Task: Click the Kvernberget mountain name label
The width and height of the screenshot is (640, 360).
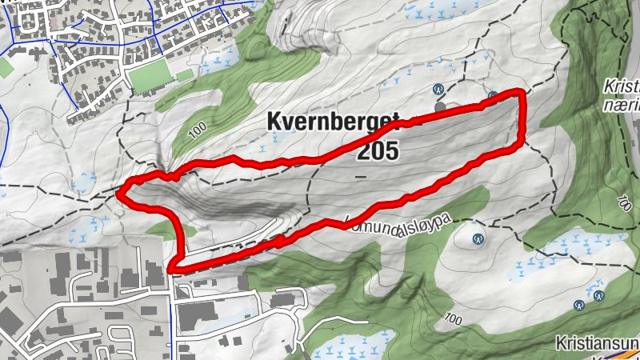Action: tap(332, 122)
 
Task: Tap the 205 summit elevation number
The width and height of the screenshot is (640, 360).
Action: tap(378, 150)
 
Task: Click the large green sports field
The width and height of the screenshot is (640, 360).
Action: tap(149, 77)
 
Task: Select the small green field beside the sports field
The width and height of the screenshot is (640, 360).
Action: tap(185, 75)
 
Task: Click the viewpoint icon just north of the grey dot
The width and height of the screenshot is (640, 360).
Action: tap(438, 89)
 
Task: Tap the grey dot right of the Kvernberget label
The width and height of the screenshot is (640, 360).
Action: tap(439, 106)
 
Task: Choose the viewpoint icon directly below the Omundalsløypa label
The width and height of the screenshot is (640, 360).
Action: tap(478, 238)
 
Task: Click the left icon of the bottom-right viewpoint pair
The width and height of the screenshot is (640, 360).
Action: tap(578, 305)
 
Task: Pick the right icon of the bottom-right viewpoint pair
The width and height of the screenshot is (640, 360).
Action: tap(599, 295)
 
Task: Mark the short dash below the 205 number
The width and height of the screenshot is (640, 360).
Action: tap(361, 174)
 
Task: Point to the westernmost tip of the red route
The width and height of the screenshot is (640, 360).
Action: tap(119, 193)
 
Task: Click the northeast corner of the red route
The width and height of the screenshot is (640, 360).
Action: tap(523, 94)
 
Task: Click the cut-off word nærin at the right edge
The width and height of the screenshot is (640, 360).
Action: tap(619, 104)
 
